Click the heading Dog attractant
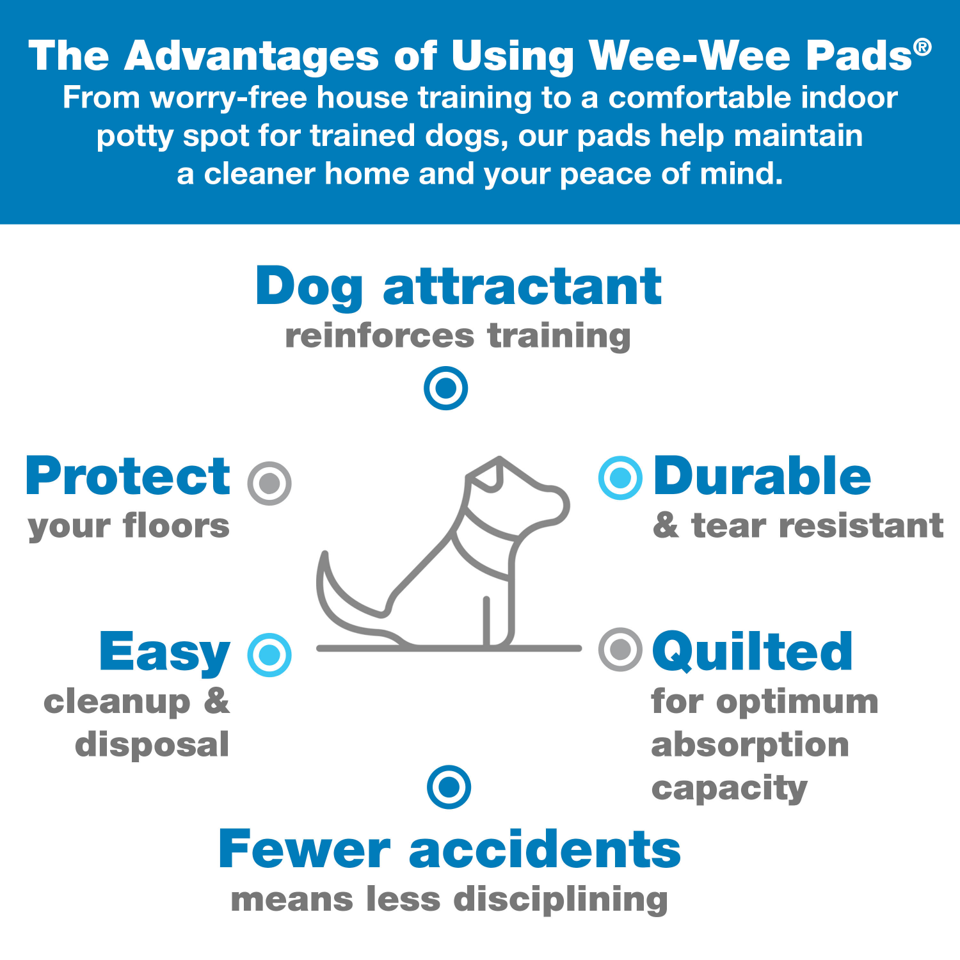point(458,286)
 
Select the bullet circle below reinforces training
point(446,388)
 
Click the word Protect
point(128,476)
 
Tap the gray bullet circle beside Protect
point(269,483)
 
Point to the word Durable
point(762,476)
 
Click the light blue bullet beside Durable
point(620,478)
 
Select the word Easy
point(164,652)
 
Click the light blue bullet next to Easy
point(269,655)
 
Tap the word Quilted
point(752,652)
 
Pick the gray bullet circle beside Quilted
point(620,650)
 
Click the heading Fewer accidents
point(449,850)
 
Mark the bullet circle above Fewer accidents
point(449,787)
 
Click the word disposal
point(152,745)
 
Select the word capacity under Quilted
point(729,788)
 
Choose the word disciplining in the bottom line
point(561,899)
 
